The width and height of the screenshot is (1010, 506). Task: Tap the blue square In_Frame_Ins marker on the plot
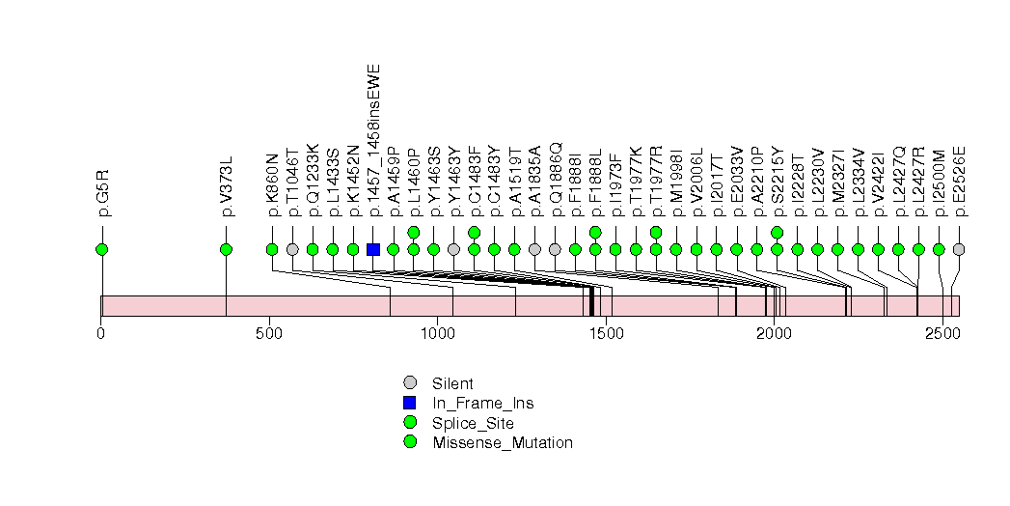tap(373, 249)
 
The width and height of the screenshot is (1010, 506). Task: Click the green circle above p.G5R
tap(102, 249)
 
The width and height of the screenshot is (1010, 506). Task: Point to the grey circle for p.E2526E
tap(958, 249)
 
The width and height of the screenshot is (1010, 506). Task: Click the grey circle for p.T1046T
tap(292, 249)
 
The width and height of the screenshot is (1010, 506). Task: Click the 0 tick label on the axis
tap(101, 333)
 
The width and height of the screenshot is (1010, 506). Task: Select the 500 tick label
tap(269, 333)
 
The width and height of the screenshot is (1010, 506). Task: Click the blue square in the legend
tap(410, 403)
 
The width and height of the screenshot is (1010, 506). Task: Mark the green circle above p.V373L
tap(226, 249)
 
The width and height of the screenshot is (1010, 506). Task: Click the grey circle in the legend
tap(410, 383)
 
